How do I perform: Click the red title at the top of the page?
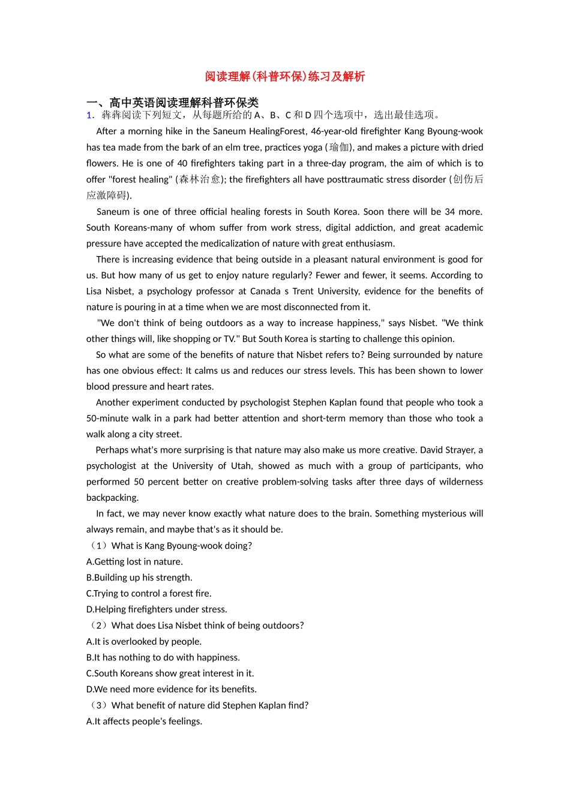point(284,76)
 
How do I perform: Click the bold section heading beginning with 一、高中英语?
point(172,103)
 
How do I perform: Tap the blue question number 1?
point(90,115)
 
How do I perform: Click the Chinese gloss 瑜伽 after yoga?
point(339,148)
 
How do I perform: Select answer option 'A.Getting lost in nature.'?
point(134,562)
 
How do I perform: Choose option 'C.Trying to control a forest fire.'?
point(149,594)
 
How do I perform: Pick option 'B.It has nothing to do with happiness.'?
point(163,657)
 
